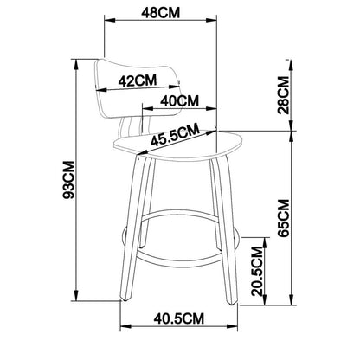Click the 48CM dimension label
[x=160, y=12]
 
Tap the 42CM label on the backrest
[x=138, y=80]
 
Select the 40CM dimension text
[x=179, y=100]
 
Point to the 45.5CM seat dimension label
[x=176, y=135]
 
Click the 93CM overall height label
[x=69, y=180]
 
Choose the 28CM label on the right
[x=283, y=95]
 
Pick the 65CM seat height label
[x=283, y=218]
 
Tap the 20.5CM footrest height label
[x=257, y=271]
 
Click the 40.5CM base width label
[x=179, y=318]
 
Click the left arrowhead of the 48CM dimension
[x=110, y=20]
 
